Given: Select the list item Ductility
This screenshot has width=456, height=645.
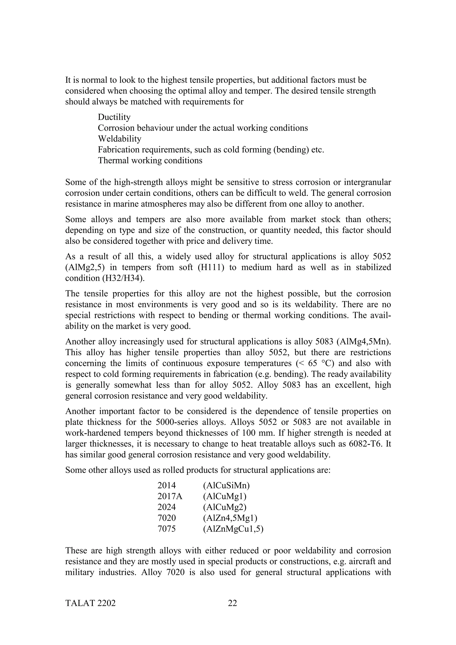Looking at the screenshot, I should coord(114,117).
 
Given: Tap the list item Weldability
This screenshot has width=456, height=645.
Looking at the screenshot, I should coord(119,139).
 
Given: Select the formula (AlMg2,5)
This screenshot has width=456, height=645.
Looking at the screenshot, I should coord(83,268).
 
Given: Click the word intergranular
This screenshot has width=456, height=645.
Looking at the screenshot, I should coord(365,182).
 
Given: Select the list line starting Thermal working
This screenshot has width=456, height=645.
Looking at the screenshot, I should coord(150,161).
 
